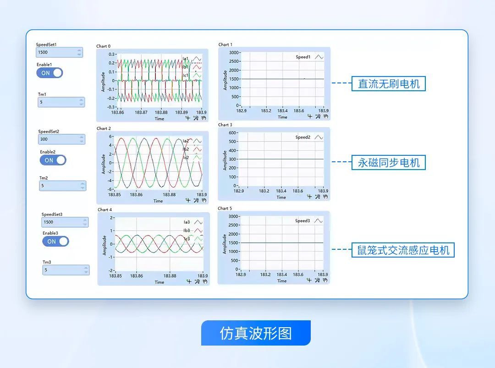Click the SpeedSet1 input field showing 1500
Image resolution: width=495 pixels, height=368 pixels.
(x=56, y=52)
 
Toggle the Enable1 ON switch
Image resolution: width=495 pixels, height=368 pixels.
(x=50, y=73)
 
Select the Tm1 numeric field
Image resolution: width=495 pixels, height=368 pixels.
(x=58, y=102)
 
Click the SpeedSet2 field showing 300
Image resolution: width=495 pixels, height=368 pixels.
(x=58, y=139)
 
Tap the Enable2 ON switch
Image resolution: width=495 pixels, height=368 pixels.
(x=53, y=160)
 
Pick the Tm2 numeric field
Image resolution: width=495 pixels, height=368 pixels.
(x=59, y=186)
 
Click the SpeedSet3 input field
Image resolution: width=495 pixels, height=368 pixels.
(x=61, y=222)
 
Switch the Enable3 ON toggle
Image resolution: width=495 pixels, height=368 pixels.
(x=55, y=241)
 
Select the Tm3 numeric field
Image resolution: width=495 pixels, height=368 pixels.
(x=63, y=270)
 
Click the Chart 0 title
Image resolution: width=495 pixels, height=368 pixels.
(x=103, y=46)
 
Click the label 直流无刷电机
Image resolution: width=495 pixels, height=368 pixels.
(x=389, y=83)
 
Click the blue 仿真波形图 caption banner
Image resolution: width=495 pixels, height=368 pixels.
(x=256, y=333)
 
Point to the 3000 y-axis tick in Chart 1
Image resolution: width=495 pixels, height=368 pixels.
(x=234, y=53)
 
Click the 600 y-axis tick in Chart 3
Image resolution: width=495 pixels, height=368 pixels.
(x=232, y=133)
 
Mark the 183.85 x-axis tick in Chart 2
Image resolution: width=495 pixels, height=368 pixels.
(x=115, y=195)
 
